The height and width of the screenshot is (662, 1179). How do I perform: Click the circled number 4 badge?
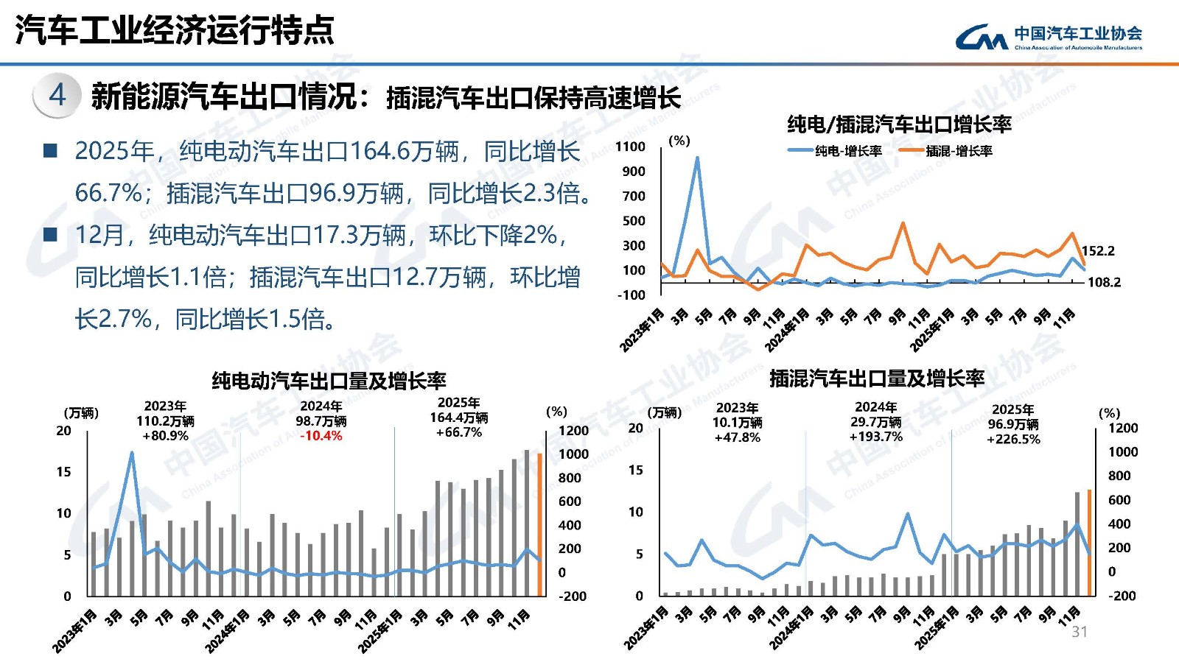pos(57,96)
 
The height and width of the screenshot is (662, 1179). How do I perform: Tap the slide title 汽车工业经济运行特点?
pos(175,30)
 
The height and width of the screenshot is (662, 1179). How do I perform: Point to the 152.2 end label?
pos(1098,251)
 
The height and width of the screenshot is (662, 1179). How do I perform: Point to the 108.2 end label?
pos(1104,282)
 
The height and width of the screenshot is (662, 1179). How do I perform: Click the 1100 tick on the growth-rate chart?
pos(630,147)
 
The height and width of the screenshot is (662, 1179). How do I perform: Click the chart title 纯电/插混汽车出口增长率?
pos(899,124)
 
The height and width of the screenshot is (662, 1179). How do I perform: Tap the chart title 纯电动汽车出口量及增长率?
pos(329,381)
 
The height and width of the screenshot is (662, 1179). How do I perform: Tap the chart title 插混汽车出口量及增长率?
pos(877,378)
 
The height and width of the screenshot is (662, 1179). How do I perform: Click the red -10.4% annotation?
pos(321,436)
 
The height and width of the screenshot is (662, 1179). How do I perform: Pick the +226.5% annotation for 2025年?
pos(1013,439)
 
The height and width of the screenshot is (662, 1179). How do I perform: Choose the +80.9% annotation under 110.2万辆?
pos(165,436)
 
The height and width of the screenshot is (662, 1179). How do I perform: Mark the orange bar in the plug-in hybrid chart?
pos(1089,543)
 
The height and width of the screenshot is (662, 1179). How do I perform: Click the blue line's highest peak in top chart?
pos(697,158)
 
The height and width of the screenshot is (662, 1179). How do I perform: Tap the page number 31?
pos(1080,632)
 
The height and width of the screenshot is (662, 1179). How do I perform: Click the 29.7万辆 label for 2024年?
pos(875,422)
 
